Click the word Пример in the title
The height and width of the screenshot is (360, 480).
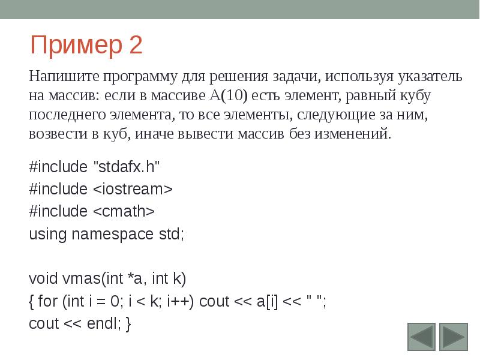point(74,46)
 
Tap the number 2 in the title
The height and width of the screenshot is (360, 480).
point(135,46)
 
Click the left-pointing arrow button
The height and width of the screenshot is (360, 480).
point(422,337)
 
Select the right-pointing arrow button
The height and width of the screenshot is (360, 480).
point(453,337)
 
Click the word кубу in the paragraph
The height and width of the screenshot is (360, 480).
point(412,95)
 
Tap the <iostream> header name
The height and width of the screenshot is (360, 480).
point(133,189)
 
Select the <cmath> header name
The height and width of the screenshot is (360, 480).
point(124,211)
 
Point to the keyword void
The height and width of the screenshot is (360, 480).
point(43,278)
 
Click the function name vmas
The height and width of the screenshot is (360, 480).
point(81,278)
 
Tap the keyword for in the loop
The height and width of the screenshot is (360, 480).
point(49,301)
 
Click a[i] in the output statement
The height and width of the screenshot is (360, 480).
point(268,301)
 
